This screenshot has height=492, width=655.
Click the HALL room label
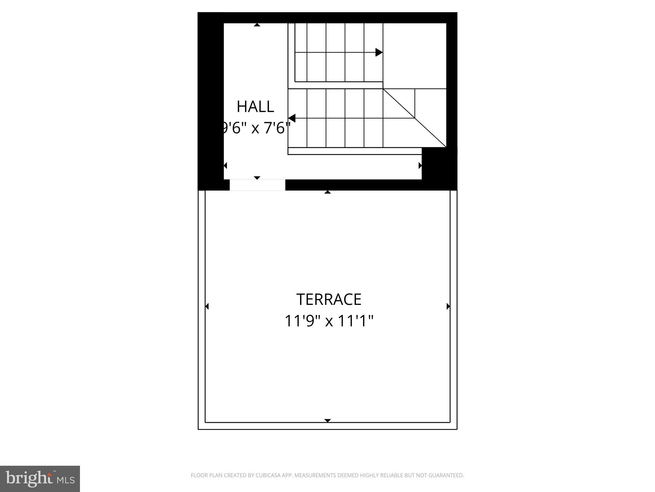pyautogui.click(x=255, y=107)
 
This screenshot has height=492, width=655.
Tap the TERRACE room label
pyautogui.click(x=329, y=299)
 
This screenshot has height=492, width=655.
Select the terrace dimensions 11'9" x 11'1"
pyautogui.click(x=329, y=321)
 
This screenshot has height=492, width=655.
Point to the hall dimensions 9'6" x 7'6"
pyautogui.click(x=255, y=128)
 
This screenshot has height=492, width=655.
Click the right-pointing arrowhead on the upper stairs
pyautogui.click(x=379, y=52)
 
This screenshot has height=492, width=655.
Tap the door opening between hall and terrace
pyautogui.click(x=257, y=185)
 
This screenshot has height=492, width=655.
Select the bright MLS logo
pyautogui.click(x=40, y=479)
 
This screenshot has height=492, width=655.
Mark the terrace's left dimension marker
pyautogui.click(x=207, y=307)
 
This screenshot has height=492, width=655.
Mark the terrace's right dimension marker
pyautogui.click(x=448, y=307)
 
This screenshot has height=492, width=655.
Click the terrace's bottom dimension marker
pyautogui.click(x=327, y=421)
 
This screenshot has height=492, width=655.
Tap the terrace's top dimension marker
pyautogui.click(x=327, y=192)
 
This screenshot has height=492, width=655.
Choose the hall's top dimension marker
pyautogui.click(x=257, y=25)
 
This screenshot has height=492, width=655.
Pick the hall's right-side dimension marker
pyautogui.click(x=420, y=166)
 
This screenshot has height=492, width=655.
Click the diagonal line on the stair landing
pyautogui.click(x=414, y=118)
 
